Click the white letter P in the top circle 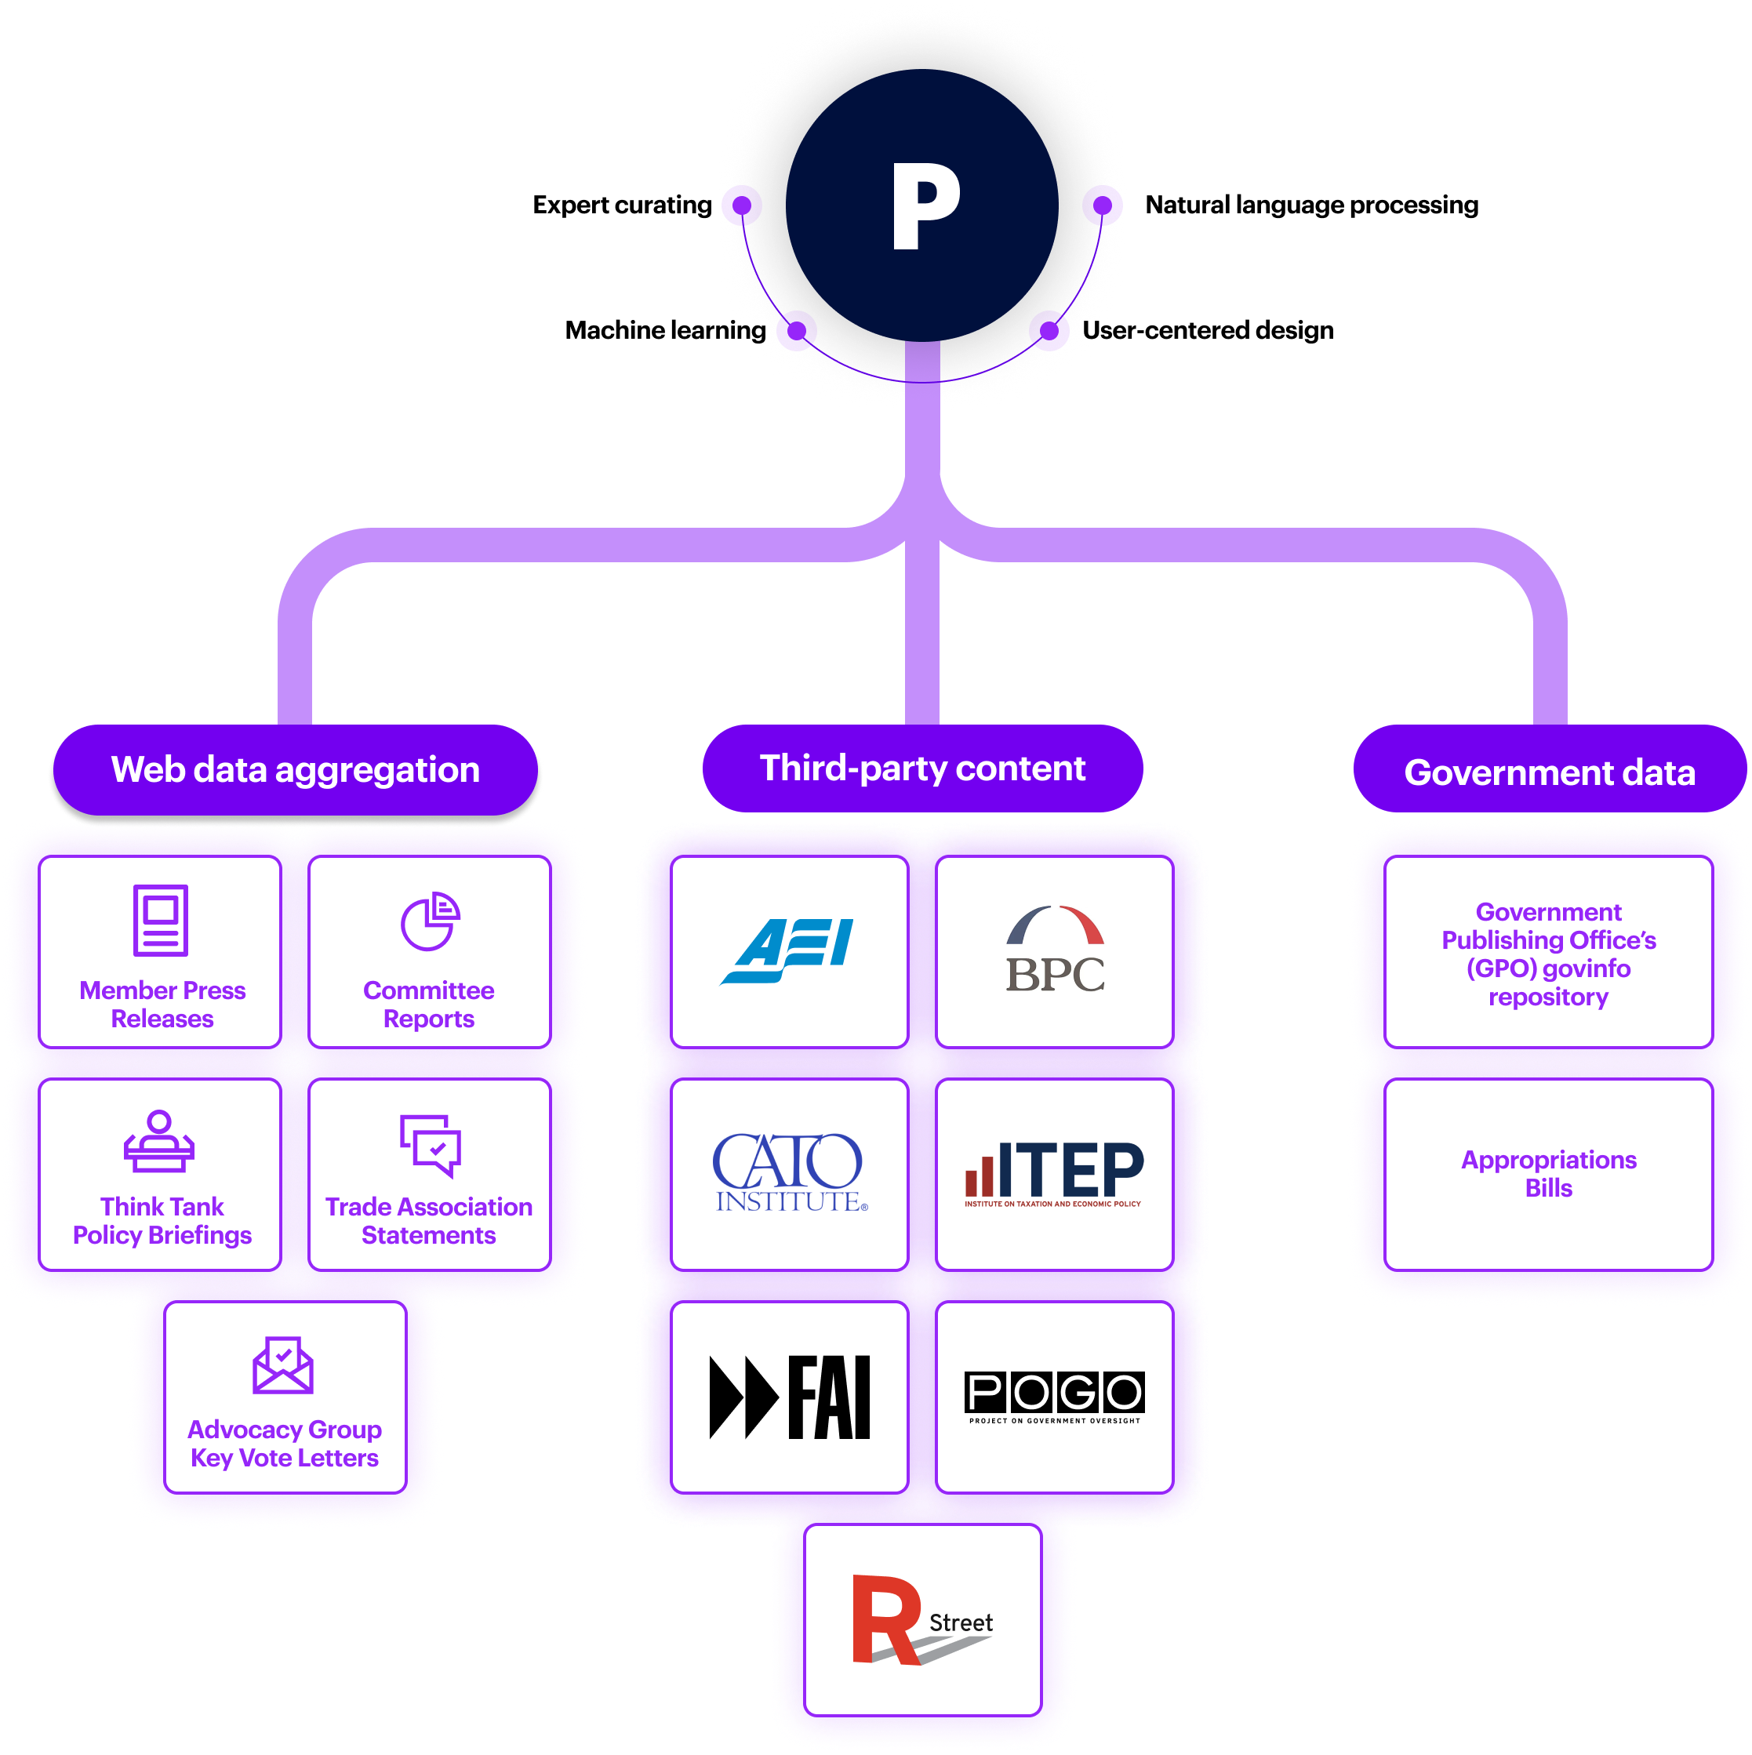[x=924, y=206]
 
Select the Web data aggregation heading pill [x=295, y=769]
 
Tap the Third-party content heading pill [x=921, y=768]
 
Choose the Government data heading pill [x=1549, y=771]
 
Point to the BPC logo [x=1055, y=950]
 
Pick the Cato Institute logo [x=788, y=1172]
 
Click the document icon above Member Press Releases [x=161, y=919]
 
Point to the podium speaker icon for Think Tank [x=159, y=1142]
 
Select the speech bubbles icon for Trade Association [x=431, y=1145]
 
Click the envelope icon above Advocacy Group [x=283, y=1364]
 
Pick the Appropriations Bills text [x=1549, y=1174]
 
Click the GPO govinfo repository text [x=1549, y=954]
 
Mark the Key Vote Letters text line [x=284, y=1458]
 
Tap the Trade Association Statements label [x=429, y=1221]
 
